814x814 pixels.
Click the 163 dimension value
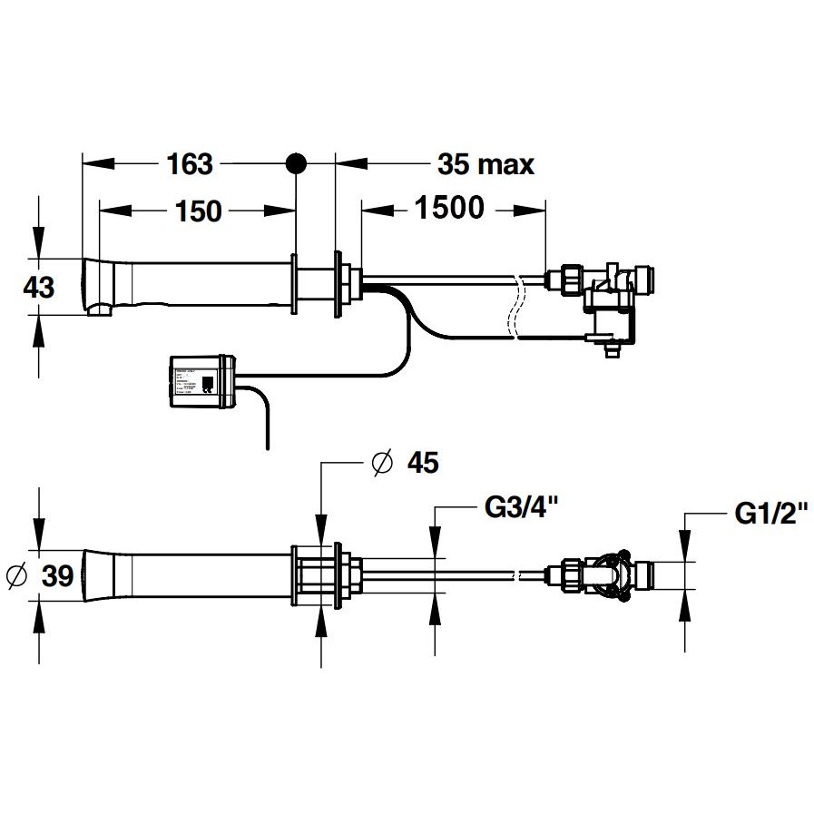[x=190, y=164]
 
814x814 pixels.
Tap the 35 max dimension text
[x=485, y=164]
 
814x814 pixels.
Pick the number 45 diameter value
[x=422, y=463]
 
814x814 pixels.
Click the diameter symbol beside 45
[x=382, y=463]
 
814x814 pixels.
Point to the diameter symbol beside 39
[x=15, y=575]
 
